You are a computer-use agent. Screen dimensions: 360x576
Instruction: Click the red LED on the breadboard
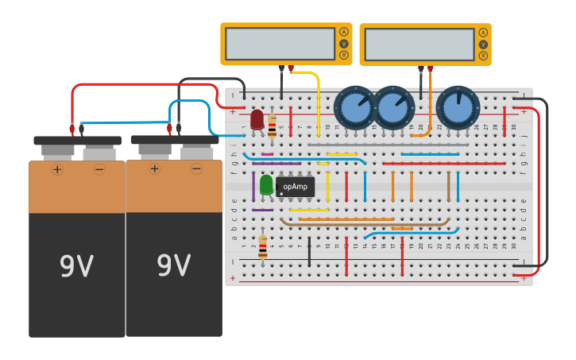coord(257,119)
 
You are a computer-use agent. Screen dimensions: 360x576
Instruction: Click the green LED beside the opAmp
coord(266,184)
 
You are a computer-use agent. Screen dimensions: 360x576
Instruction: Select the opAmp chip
coord(295,186)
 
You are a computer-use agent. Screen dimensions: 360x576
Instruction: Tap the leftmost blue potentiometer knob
coord(354,107)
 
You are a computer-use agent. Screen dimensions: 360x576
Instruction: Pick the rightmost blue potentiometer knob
coord(458,107)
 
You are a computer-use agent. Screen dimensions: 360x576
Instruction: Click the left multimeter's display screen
coord(280,44)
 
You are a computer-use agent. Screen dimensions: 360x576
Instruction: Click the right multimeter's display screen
coord(419,45)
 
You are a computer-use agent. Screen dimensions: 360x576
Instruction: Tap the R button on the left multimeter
coord(343,56)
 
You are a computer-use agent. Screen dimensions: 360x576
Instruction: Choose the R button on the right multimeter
coord(482,56)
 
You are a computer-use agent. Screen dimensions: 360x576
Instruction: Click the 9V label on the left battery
coord(77,265)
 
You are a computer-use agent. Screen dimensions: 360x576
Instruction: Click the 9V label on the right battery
coord(174,265)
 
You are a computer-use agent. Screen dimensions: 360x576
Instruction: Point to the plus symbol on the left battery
coord(57,169)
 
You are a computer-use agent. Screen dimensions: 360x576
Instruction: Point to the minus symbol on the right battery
coord(196,168)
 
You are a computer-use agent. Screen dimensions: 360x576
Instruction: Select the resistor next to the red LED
coord(273,125)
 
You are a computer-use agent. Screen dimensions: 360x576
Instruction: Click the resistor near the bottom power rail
coord(263,246)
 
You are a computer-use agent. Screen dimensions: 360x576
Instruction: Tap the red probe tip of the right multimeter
coord(430,69)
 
